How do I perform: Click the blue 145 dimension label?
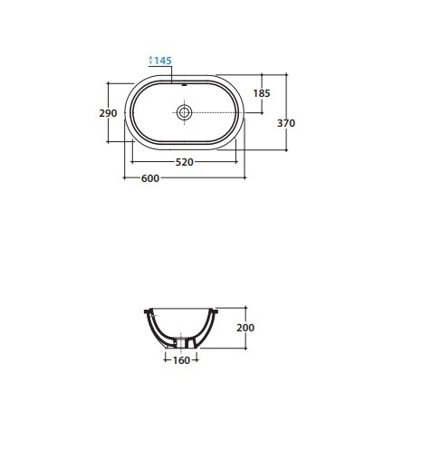(163, 61)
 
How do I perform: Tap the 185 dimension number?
(262, 93)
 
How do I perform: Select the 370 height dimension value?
(286, 123)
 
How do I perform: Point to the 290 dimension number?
(108, 113)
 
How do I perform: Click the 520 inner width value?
(185, 162)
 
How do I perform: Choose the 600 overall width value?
(150, 178)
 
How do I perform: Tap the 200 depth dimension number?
(245, 328)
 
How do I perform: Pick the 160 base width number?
(181, 360)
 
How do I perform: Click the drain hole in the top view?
(184, 112)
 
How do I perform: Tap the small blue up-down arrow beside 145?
(151, 60)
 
